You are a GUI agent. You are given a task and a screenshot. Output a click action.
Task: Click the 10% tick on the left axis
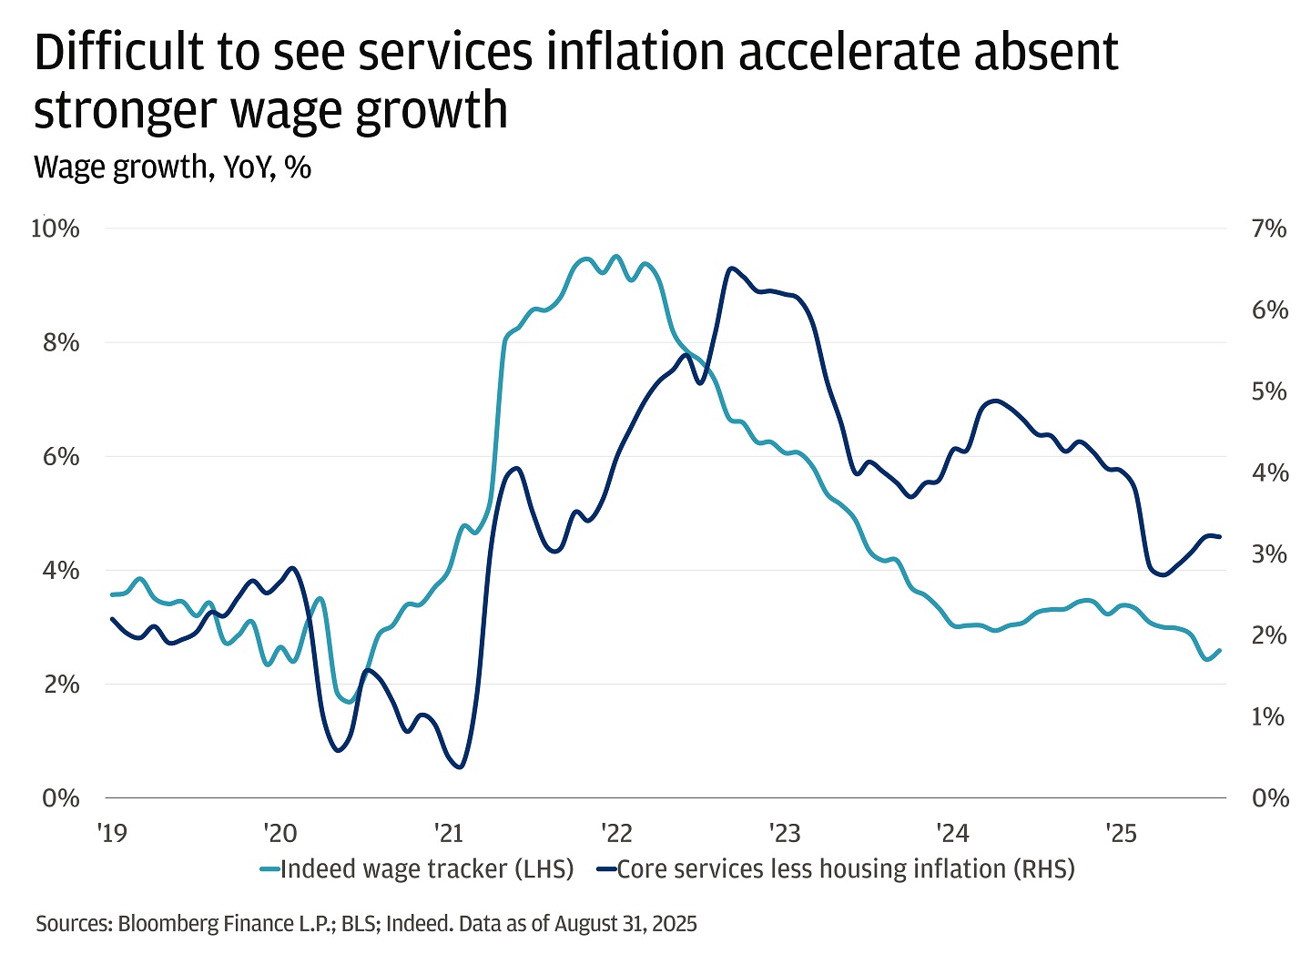(x=55, y=228)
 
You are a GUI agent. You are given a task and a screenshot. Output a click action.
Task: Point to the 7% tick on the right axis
(x=1269, y=228)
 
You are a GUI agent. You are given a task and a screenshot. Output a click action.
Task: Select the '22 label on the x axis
(x=616, y=833)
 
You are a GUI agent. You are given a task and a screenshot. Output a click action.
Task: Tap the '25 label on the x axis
(x=1121, y=833)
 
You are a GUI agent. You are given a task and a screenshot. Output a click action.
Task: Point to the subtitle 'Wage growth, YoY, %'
(x=172, y=167)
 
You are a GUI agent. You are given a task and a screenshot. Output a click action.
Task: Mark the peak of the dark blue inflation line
(x=731, y=269)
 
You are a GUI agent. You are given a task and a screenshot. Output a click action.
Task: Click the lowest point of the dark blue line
(x=459, y=766)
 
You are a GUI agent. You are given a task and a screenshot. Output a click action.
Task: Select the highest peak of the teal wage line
(x=616, y=257)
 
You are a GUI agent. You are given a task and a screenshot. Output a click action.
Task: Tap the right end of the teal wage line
(x=1220, y=650)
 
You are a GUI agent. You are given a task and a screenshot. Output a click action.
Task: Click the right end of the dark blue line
(x=1220, y=537)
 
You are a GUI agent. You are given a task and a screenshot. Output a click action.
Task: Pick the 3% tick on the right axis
(x=1269, y=554)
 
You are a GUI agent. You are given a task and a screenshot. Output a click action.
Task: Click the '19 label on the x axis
(x=112, y=833)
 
